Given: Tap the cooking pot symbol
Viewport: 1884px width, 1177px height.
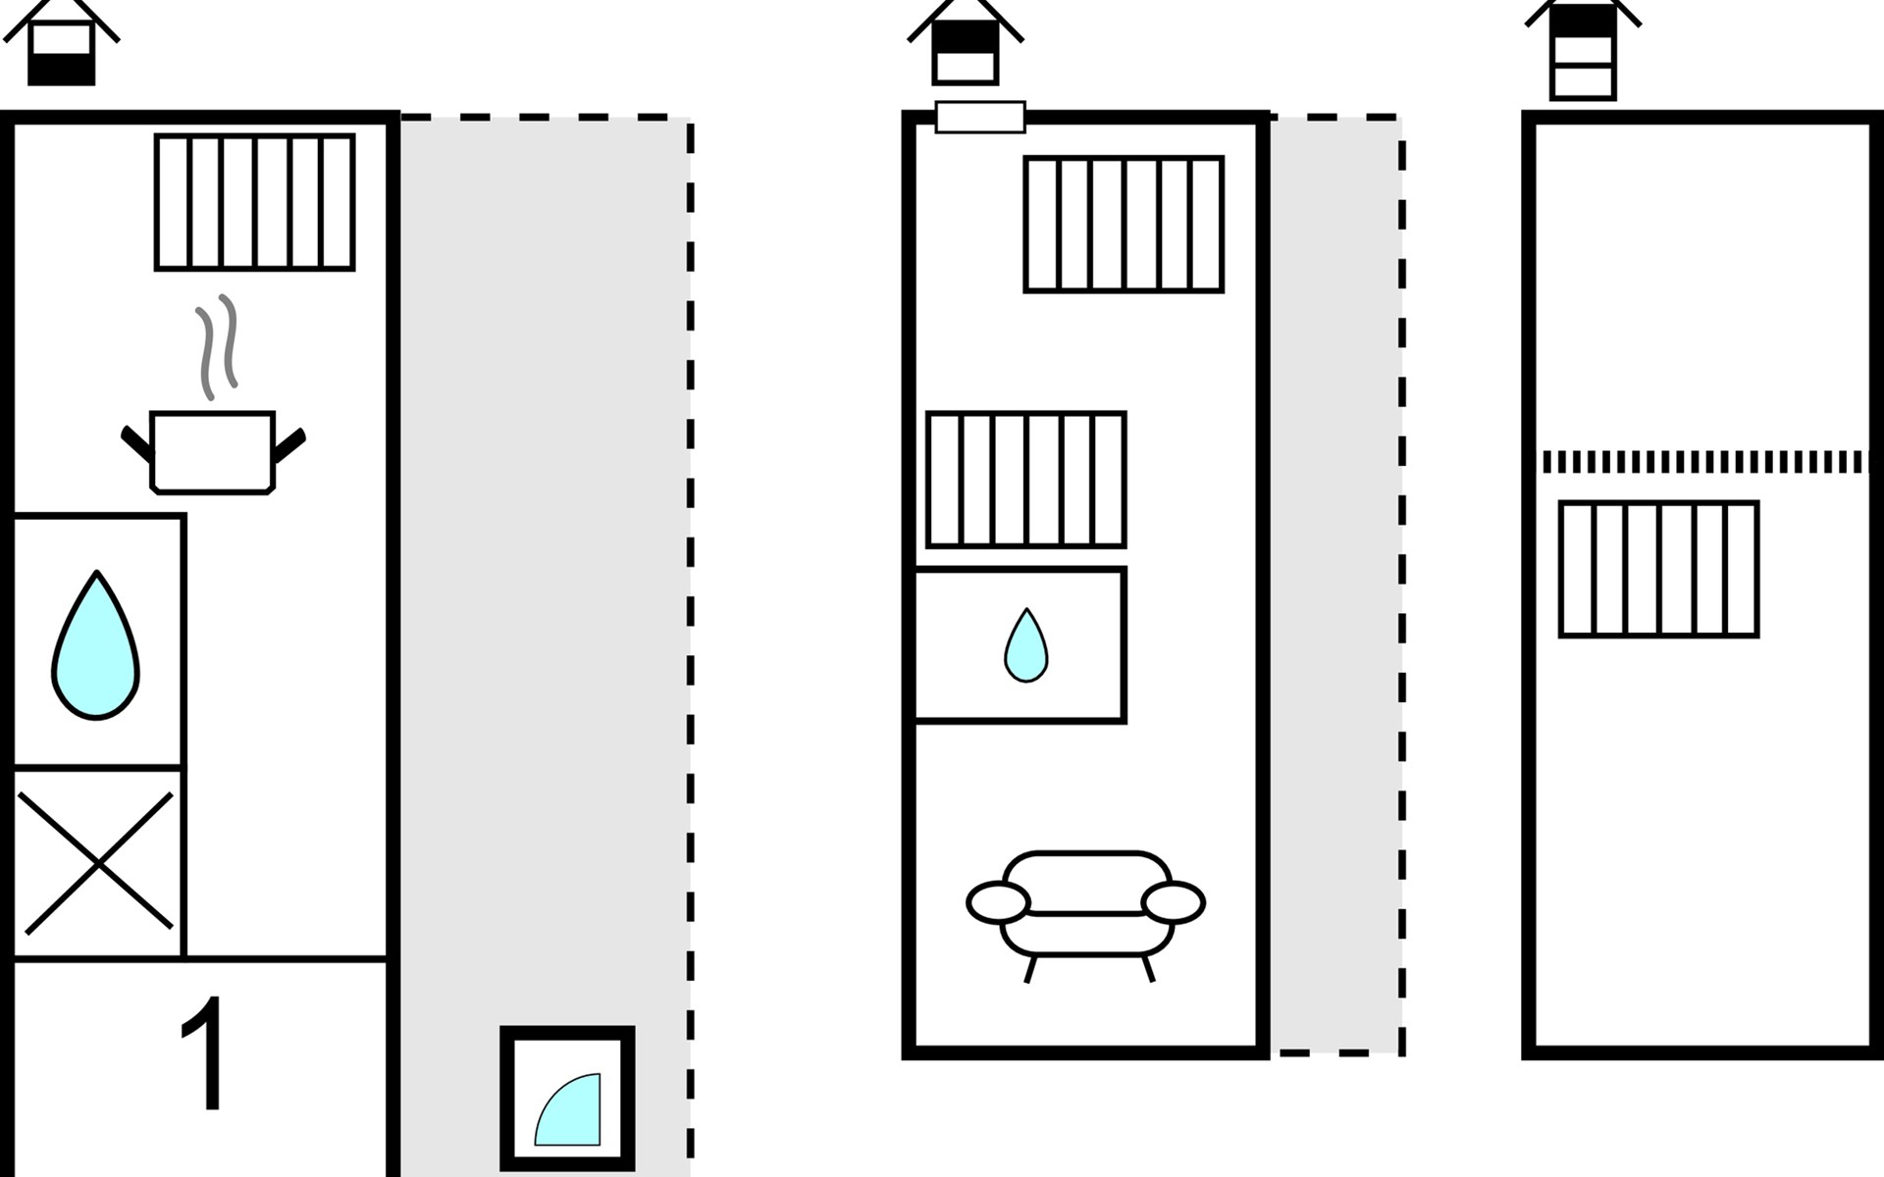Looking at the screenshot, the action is point(213,452).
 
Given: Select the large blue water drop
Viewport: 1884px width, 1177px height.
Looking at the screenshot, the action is point(95,645).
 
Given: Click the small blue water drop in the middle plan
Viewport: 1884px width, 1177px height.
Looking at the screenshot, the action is point(1026,645).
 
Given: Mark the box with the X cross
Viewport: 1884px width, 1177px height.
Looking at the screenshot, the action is point(98,863).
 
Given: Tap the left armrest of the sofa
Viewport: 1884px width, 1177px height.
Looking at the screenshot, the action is point(999,902).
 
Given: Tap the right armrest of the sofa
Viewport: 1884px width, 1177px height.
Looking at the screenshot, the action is point(1174,902).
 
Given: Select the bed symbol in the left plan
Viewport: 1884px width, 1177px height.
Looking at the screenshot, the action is point(255,202).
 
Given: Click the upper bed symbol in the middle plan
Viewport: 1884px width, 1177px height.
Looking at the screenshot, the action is point(1125,225).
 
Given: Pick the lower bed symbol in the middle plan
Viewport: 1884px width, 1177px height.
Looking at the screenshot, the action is point(1026,480).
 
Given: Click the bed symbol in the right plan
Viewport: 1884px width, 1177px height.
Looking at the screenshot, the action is point(1659,570).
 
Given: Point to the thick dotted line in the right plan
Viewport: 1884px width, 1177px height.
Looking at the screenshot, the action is point(1704,462).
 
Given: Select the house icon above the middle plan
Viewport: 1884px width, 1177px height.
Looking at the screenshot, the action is point(966,41).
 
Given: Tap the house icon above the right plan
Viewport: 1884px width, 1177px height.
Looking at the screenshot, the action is point(1583,49).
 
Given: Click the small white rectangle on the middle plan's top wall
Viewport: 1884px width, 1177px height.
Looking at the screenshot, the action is point(980,117).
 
